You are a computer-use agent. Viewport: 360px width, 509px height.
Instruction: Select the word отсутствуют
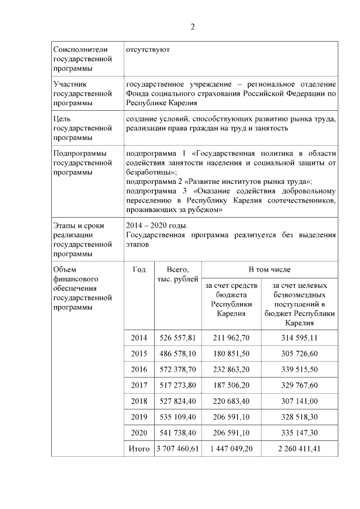pos(148,49)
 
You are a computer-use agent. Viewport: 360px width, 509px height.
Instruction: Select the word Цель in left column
pos(61,119)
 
